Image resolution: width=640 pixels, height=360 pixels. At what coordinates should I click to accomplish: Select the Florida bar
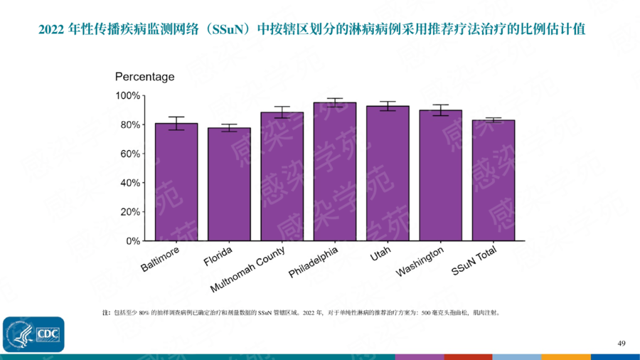[x=229, y=184]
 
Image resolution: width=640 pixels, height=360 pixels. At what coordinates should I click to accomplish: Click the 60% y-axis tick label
[x=130, y=154]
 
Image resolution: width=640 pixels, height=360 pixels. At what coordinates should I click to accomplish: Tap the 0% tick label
[x=133, y=240]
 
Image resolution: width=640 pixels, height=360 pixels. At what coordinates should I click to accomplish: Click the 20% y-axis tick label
[x=130, y=212]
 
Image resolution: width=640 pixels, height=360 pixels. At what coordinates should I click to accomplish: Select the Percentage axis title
[x=144, y=77]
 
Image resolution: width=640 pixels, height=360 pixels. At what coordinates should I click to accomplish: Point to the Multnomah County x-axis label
[x=248, y=270]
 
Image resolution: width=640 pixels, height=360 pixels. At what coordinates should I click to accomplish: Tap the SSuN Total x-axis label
[x=474, y=263]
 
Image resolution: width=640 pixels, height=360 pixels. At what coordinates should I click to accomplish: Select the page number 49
[x=621, y=344]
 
